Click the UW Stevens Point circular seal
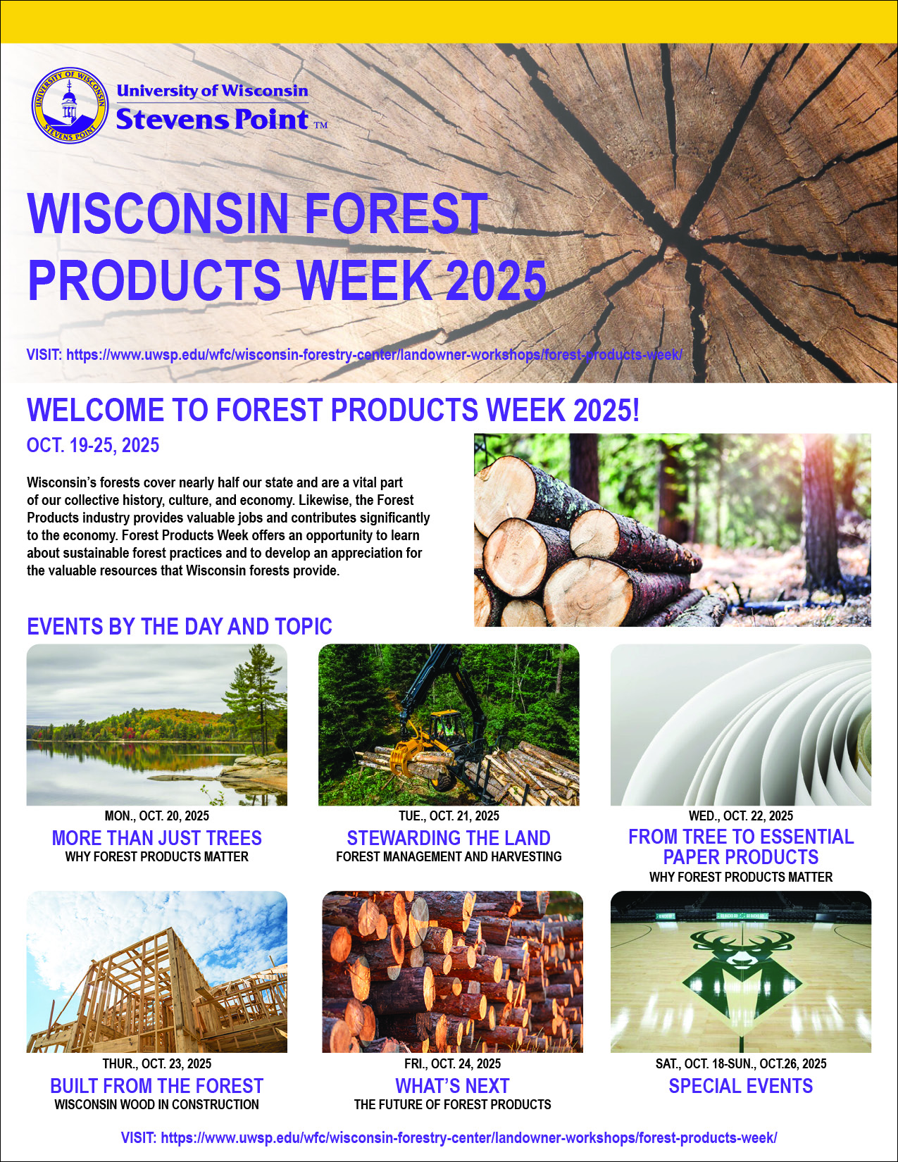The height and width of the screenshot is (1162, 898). tap(70, 105)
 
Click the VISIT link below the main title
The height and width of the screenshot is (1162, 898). tap(354, 354)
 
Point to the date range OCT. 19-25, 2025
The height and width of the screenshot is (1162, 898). tap(93, 445)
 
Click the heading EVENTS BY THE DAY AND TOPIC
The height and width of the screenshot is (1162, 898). tap(180, 626)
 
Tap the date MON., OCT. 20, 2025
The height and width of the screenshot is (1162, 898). tap(156, 816)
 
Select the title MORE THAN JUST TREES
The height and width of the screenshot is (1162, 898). tap(156, 837)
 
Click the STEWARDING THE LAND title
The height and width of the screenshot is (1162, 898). tap(449, 837)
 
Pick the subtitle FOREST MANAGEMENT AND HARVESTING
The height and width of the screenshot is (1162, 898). tap(449, 856)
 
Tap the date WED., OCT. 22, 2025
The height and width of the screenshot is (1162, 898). tap(741, 816)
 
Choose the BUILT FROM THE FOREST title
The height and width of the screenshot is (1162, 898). tap(156, 1085)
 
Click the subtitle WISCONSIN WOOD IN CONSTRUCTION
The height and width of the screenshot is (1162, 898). tap(156, 1105)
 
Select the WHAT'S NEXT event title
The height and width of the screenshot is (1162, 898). tap(452, 1085)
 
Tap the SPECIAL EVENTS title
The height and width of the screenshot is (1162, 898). tap(741, 1085)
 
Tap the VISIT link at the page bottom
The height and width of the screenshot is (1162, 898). tap(449, 1137)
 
